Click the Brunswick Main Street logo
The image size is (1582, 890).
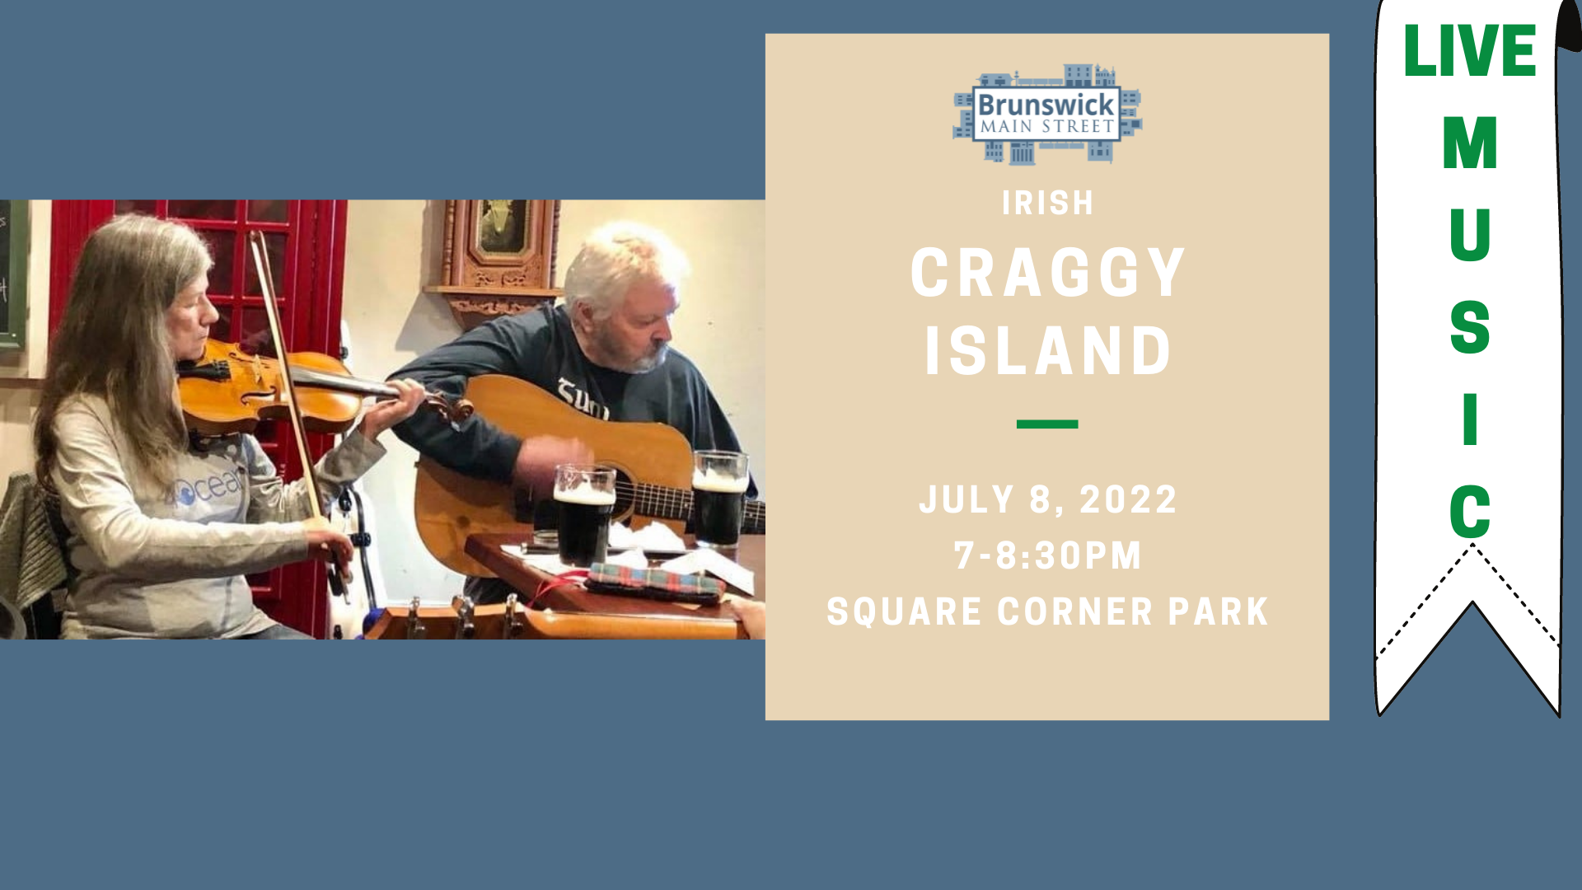pos(1047,114)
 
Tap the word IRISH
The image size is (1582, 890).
pos(1047,203)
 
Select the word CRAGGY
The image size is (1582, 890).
pos(1047,273)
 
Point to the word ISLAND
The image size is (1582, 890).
pos(1047,351)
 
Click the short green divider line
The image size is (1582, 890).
pos(1047,424)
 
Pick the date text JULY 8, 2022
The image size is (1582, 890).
pos(1047,500)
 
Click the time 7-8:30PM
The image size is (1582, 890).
pos(1047,556)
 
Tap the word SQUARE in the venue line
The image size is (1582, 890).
pos(905,612)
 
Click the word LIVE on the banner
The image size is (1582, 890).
pos(1470,51)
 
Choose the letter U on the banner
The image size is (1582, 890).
pos(1470,235)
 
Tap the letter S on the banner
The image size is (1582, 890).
pos(1470,327)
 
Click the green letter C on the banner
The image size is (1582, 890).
pos(1470,511)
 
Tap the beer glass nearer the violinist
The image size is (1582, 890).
pos(583,514)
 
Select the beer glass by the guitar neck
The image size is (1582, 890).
pos(720,499)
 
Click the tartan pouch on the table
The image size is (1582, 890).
pos(655,581)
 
